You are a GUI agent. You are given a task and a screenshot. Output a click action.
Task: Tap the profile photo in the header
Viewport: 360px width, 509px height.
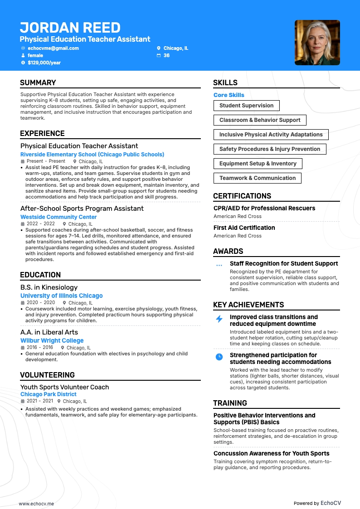[x=317, y=43]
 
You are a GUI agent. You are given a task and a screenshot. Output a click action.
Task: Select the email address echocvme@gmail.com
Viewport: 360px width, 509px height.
[x=53, y=48]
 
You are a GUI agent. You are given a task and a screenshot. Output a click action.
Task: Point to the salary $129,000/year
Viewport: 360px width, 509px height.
[x=44, y=63]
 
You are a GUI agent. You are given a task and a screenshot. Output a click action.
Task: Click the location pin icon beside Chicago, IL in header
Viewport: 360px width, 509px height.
[x=159, y=48]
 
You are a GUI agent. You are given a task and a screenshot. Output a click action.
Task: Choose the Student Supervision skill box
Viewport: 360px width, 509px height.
[x=246, y=106]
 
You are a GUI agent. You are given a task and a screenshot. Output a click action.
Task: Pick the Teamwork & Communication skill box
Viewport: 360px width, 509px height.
[x=257, y=178]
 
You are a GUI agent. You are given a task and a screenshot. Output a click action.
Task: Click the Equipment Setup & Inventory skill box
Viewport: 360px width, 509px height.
[x=258, y=164]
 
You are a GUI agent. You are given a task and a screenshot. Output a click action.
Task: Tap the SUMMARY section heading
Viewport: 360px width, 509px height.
[x=38, y=82]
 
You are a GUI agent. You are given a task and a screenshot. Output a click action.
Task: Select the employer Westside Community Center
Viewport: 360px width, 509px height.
[x=58, y=217]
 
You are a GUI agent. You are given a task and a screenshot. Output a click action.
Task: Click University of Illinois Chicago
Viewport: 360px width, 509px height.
[x=62, y=296]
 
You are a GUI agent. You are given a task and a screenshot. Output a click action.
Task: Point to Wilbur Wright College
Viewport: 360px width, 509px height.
[x=52, y=340]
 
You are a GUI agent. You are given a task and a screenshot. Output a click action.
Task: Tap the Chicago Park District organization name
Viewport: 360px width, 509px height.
[x=49, y=394]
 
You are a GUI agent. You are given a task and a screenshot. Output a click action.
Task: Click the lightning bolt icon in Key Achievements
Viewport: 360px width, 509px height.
[x=219, y=319]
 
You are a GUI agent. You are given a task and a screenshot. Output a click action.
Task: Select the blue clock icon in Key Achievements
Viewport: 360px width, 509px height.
[x=219, y=357]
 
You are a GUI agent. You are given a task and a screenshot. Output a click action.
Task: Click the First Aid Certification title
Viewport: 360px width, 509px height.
[x=244, y=228]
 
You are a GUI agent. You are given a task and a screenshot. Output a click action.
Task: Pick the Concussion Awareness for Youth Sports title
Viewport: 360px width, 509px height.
[x=271, y=453]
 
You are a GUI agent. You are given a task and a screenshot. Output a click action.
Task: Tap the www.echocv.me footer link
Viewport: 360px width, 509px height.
[x=36, y=504]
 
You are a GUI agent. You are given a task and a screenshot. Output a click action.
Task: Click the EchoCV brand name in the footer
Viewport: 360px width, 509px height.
[x=331, y=503]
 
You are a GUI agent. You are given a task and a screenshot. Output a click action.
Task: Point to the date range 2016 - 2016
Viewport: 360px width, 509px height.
[x=40, y=348]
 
